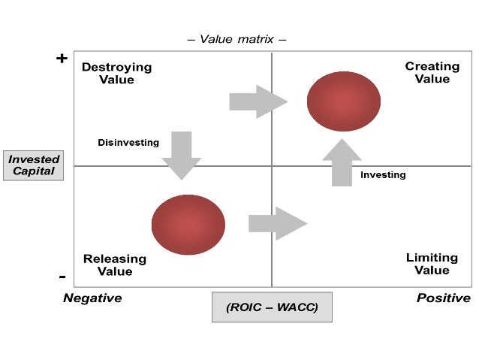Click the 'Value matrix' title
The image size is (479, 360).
[x=236, y=38]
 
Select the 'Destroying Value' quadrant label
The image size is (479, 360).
[x=116, y=73]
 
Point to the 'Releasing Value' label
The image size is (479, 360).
[x=114, y=265]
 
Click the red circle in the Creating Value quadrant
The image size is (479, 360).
[x=344, y=101]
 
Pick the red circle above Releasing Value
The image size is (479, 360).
[x=188, y=225]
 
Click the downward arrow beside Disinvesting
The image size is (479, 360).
[x=182, y=155]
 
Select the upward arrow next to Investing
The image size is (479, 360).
[x=342, y=162]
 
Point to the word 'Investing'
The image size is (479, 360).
[x=383, y=175]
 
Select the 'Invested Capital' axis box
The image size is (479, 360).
[x=34, y=165]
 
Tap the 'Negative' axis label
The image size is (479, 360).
[x=92, y=298]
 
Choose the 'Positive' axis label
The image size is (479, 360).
[x=444, y=298]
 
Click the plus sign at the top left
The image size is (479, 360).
[x=62, y=59]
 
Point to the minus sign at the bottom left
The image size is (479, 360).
[x=62, y=276]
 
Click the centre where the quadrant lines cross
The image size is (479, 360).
[x=272, y=166]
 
